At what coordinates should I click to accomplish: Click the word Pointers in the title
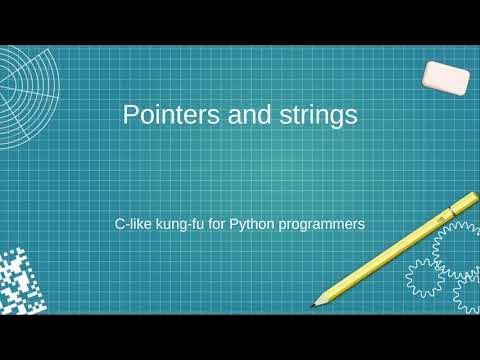[164, 116]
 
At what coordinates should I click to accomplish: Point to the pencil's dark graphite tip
[313, 303]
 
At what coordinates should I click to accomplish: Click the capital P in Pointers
[130, 116]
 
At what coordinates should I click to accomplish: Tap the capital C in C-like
[119, 224]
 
